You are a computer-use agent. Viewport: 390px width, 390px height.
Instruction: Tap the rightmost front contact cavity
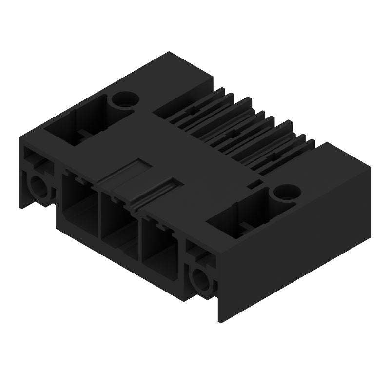click(x=158, y=244)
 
